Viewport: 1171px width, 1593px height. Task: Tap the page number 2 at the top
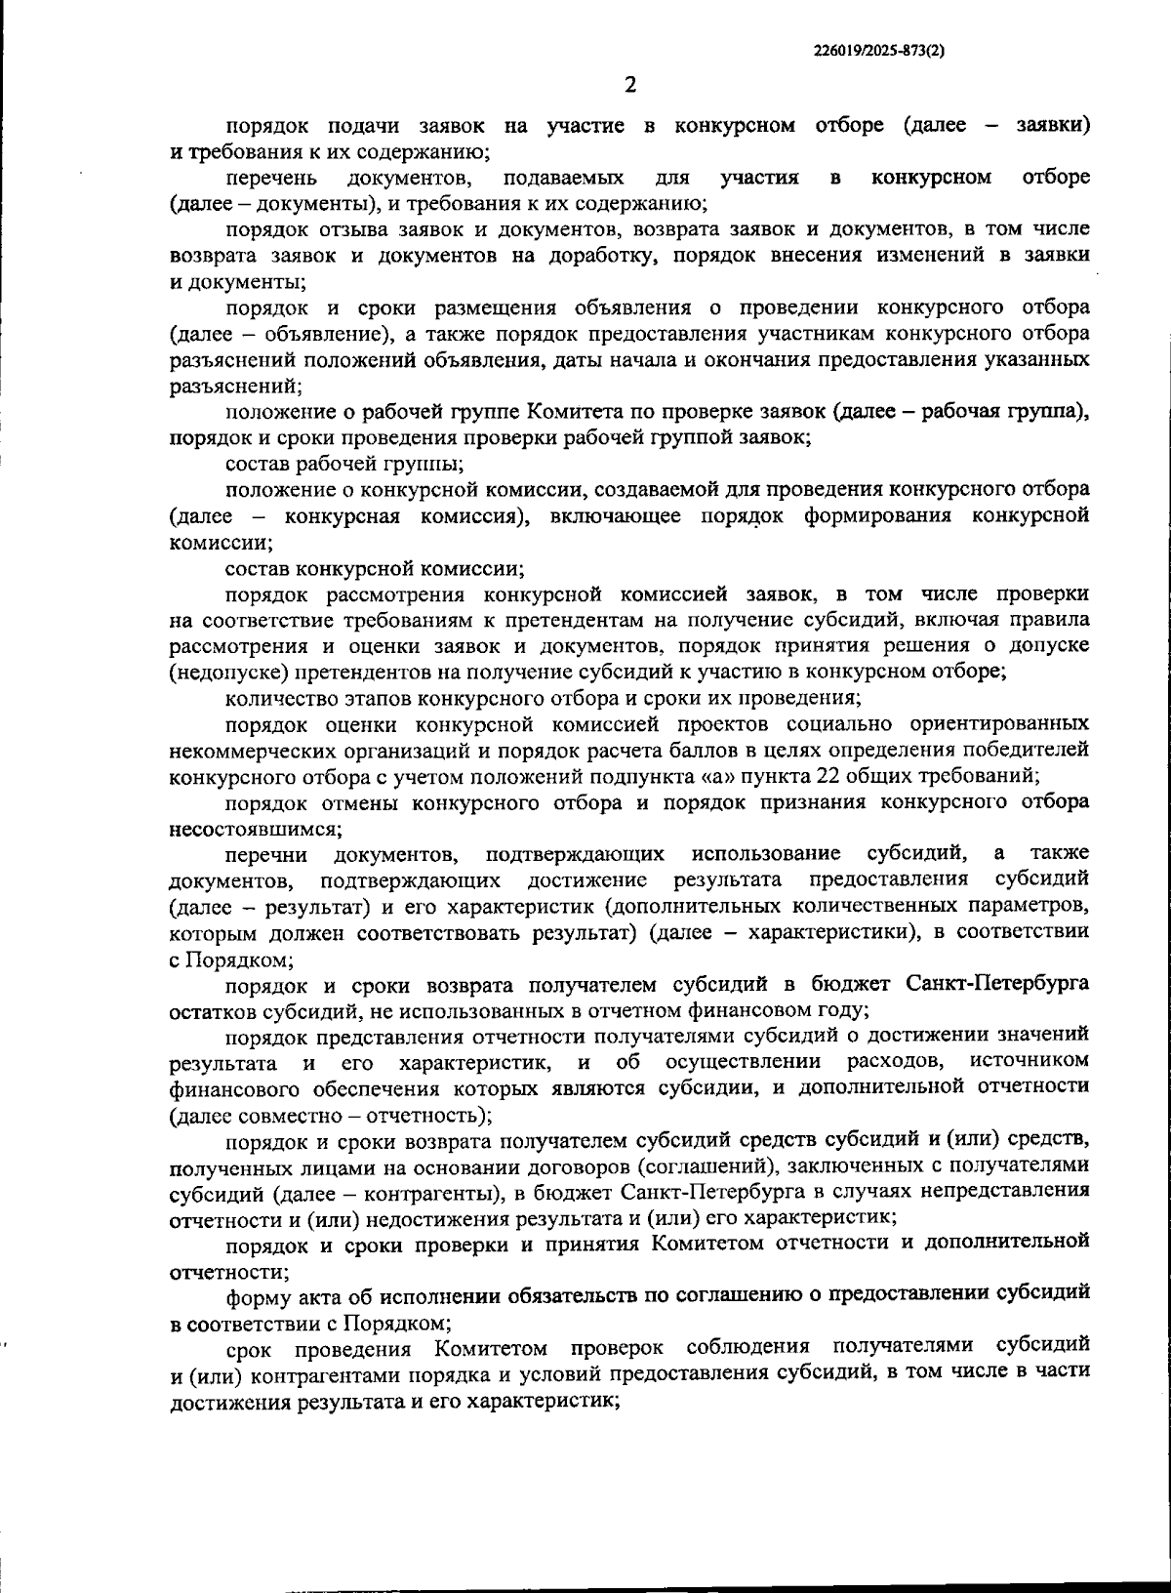(629, 85)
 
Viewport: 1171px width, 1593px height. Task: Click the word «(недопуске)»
(219, 673)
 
